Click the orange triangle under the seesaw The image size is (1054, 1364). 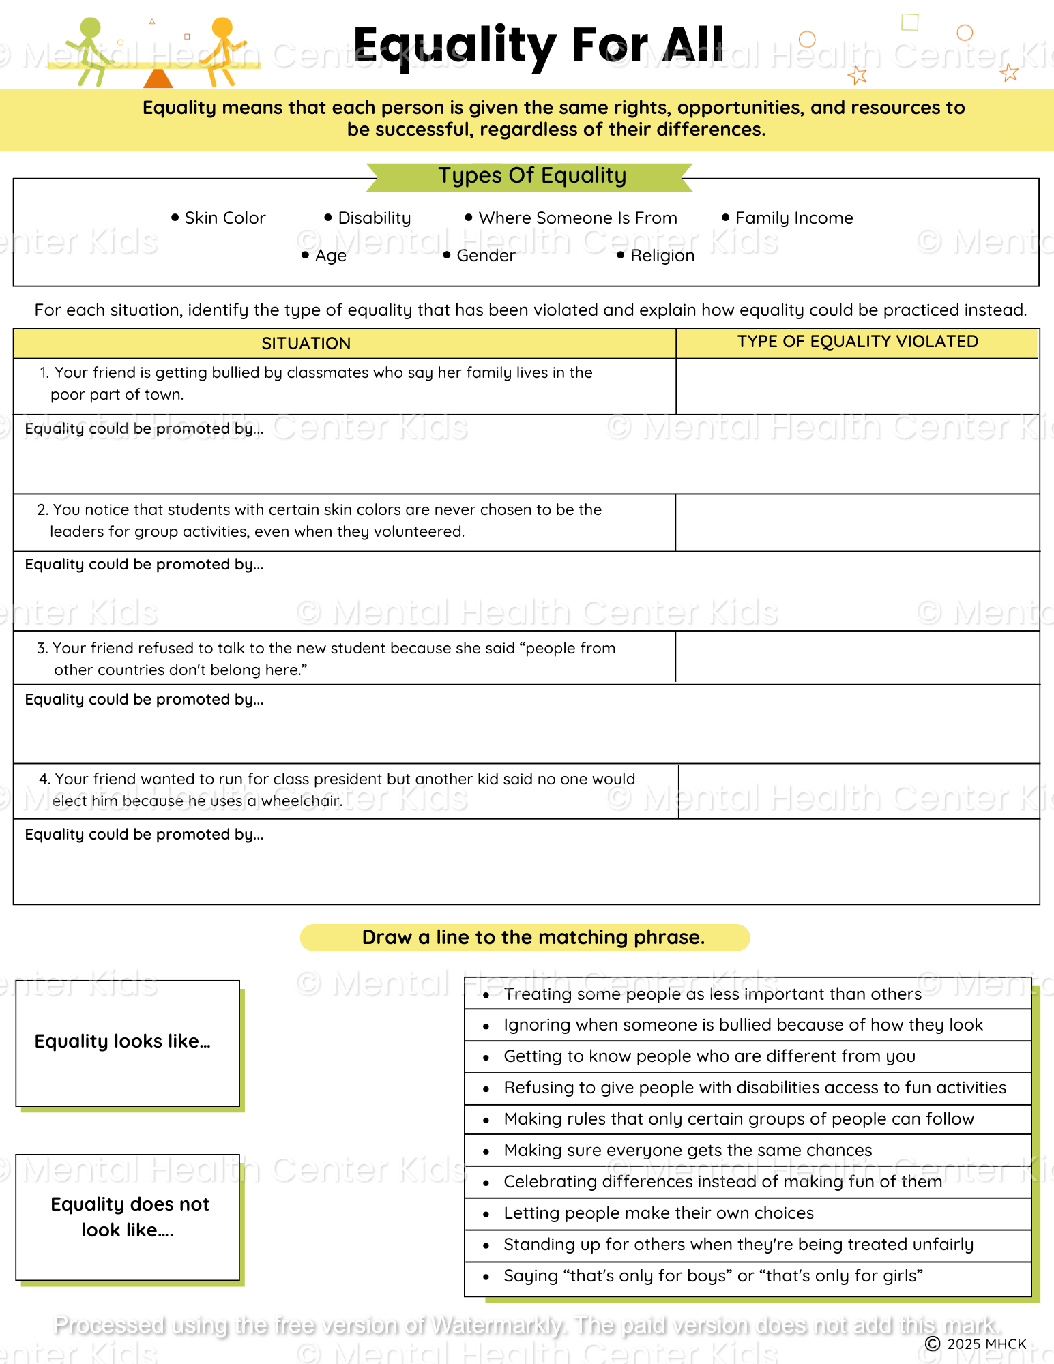point(158,78)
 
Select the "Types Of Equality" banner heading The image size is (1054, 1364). point(531,176)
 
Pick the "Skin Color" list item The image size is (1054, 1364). point(224,218)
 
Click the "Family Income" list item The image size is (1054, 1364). point(793,218)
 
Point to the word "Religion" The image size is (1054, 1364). point(662,256)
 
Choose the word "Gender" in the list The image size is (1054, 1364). point(485,256)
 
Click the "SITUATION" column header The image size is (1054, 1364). point(306,344)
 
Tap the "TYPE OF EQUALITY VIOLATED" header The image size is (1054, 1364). point(857,342)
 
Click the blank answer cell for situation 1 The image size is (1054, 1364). point(857,386)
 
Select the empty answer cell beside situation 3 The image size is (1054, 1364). point(857,657)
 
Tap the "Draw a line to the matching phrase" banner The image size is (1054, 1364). point(532,938)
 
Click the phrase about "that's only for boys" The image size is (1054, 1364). point(713,1276)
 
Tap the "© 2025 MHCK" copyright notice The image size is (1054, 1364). point(976,1344)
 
